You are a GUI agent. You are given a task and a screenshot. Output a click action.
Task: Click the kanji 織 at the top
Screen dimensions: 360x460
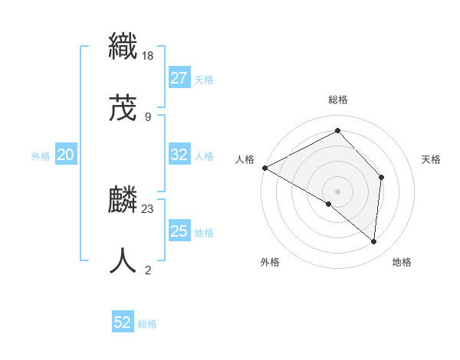pos(123,47)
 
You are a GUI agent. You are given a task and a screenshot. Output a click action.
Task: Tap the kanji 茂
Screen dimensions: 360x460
pos(123,109)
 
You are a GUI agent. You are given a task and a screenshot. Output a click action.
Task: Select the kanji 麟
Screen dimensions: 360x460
pos(123,201)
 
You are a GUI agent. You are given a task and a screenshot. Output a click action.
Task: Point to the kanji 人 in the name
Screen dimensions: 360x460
pos(123,261)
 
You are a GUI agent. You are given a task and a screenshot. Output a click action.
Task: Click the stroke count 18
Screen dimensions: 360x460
pos(149,55)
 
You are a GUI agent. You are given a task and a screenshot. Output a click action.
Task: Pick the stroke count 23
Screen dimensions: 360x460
pos(149,208)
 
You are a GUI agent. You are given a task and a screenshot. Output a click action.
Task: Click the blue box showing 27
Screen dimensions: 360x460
pos(179,78)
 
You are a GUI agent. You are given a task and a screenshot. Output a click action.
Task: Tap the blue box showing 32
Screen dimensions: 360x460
pos(179,155)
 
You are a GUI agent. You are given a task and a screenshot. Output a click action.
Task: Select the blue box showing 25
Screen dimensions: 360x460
pos(179,231)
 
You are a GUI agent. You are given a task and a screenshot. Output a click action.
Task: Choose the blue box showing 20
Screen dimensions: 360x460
pos(65,155)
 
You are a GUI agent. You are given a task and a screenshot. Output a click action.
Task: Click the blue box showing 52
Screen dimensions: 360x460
pos(123,322)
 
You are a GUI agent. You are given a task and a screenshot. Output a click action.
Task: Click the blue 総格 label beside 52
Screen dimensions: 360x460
pos(147,324)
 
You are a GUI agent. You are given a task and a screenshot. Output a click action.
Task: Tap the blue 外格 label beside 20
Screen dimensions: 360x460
pos(41,156)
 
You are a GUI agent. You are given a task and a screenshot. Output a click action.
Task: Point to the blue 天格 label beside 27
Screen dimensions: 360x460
pos(204,80)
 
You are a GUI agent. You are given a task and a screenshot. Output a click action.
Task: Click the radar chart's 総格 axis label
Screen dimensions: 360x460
pos(338,100)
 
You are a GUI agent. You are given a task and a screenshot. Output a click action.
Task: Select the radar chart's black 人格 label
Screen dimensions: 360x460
pos(245,159)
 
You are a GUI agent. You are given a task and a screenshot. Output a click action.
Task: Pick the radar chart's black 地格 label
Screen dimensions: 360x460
pos(402,263)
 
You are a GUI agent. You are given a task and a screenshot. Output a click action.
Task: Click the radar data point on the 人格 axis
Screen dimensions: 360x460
pos(264,168)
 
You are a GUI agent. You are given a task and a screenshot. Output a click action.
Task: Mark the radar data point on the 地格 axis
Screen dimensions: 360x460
pos(374,241)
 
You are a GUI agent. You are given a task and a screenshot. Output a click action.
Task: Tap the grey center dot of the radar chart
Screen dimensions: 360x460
pos(337,191)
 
